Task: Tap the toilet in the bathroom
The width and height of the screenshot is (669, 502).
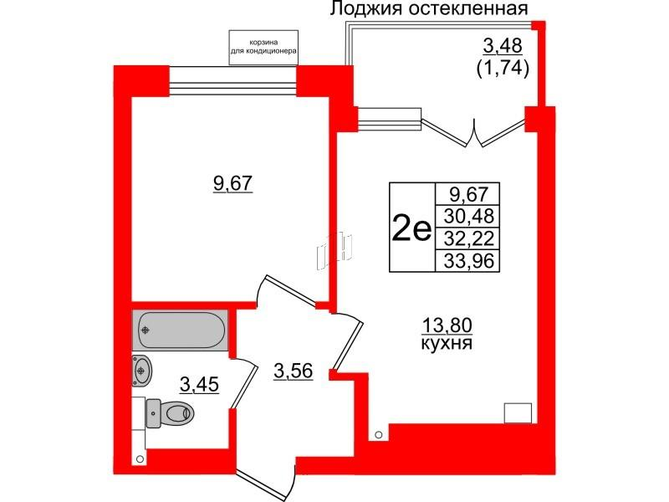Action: (171, 411)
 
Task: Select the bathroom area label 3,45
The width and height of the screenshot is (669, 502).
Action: (201, 385)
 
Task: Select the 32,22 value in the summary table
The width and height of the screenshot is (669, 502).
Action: (467, 238)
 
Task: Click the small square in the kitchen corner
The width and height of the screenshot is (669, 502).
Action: (517, 412)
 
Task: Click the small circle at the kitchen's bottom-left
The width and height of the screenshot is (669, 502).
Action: (379, 434)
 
